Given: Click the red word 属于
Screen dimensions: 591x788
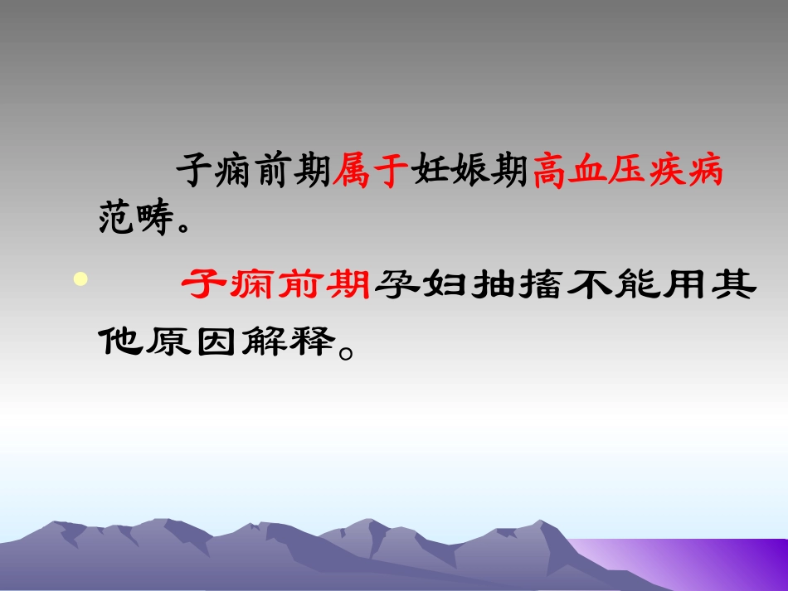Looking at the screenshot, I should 371,172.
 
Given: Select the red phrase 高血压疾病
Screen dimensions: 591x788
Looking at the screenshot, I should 627,172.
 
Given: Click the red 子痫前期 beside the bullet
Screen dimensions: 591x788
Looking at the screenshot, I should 276,287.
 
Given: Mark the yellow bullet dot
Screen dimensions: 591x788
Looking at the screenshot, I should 80,279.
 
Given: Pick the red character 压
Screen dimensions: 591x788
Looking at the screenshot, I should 628,172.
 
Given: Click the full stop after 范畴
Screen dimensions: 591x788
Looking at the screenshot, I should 187,226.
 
